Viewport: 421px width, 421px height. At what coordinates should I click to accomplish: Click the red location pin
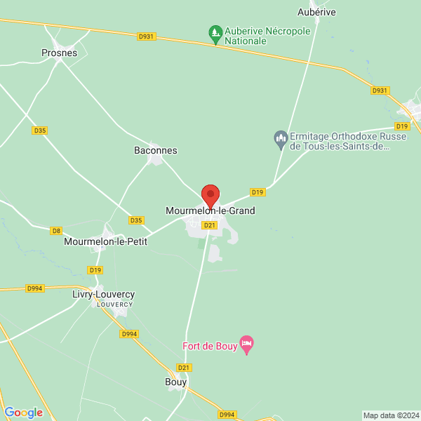pyautogui.click(x=210, y=194)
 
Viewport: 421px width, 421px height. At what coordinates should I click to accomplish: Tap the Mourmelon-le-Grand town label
pyautogui.click(x=210, y=210)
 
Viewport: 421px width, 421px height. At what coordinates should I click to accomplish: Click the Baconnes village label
pyautogui.click(x=156, y=150)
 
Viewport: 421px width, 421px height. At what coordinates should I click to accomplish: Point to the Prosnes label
pyautogui.click(x=59, y=53)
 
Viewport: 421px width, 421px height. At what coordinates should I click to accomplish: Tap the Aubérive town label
pyautogui.click(x=317, y=12)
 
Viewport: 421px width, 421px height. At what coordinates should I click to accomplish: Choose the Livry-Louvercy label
pyautogui.click(x=103, y=294)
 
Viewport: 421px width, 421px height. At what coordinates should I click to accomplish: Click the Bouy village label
pyautogui.click(x=175, y=382)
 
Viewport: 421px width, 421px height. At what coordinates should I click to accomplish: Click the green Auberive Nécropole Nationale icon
pyautogui.click(x=215, y=32)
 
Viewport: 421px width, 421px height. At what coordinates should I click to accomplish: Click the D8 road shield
pyautogui.click(x=57, y=230)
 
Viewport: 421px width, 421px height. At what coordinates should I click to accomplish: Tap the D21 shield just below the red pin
pyautogui.click(x=209, y=225)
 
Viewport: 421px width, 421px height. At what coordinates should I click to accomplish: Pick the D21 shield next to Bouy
pyautogui.click(x=184, y=368)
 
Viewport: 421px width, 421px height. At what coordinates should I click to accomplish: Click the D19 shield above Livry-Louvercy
pyautogui.click(x=95, y=270)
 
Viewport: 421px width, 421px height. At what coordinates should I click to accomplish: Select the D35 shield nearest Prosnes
pyautogui.click(x=39, y=130)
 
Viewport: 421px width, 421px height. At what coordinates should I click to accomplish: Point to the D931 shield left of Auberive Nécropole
pyautogui.click(x=145, y=36)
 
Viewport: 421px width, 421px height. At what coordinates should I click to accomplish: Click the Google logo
pyautogui.click(x=23, y=413)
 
